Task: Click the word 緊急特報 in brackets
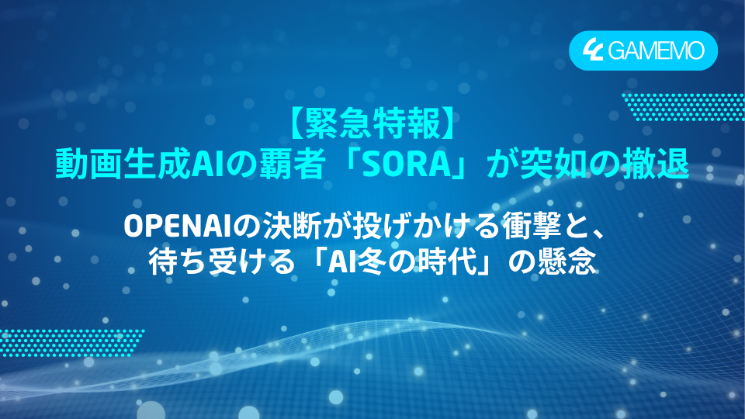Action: click(372, 124)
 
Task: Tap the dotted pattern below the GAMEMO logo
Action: click(683, 106)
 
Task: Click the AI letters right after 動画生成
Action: click(196, 163)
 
